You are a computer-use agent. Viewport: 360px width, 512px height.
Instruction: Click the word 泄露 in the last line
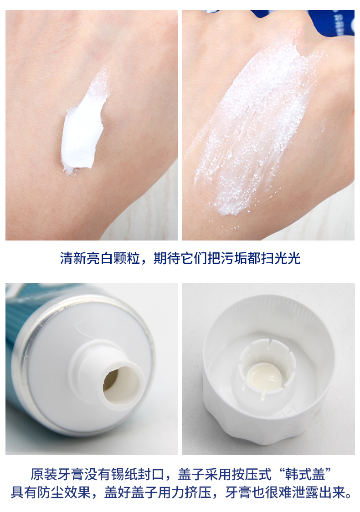click(x=305, y=492)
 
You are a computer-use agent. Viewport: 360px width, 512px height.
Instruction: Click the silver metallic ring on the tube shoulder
click(x=26, y=359)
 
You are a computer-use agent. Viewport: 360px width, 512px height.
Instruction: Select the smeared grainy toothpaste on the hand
click(x=255, y=131)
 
